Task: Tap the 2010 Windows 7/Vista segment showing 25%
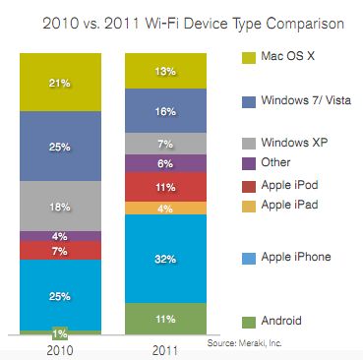coord(61,146)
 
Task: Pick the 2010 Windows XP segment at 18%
coord(61,206)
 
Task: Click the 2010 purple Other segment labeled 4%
coord(61,236)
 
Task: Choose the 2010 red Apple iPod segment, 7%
coord(61,251)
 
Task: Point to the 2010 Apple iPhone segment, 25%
coord(61,294)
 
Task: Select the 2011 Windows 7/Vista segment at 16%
coord(165,112)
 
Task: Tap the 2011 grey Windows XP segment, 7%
coord(165,144)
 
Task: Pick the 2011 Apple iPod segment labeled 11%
coord(165,187)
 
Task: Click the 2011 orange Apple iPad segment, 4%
coord(165,208)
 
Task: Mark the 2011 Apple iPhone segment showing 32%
coord(165,259)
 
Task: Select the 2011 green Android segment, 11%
coord(165,319)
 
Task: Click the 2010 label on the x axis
coord(61,348)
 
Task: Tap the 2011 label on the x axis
coord(165,348)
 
